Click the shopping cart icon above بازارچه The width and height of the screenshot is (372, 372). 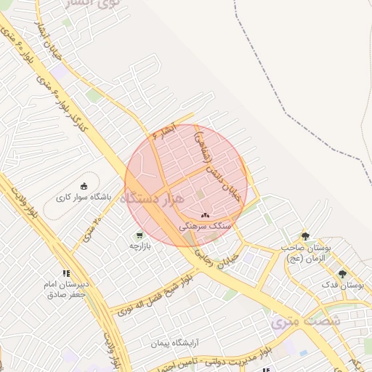click(x=139, y=235)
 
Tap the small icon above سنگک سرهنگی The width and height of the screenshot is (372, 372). click(x=204, y=216)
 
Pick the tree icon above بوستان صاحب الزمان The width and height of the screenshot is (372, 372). click(x=306, y=236)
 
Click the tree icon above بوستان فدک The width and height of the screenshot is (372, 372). click(x=342, y=274)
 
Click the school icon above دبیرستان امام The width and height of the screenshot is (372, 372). click(x=66, y=273)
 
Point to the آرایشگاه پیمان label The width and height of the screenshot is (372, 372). click(x=175, y=343)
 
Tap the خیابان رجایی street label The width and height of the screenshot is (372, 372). click(x=218, y=258)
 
